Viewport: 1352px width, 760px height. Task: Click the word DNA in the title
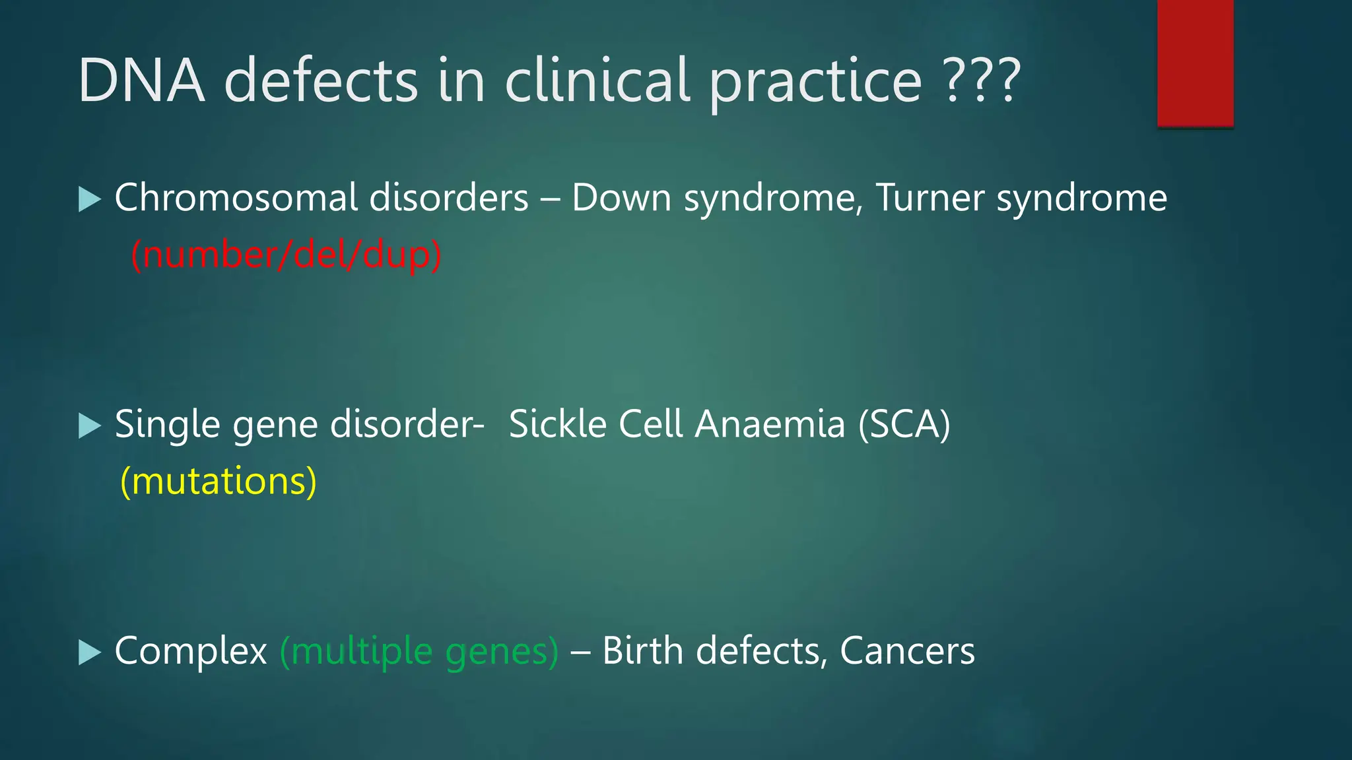(x=141, y=80)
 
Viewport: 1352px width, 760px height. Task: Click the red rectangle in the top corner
(x=1195, y=63)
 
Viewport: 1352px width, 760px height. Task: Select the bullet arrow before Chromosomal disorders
(x=89, y=199)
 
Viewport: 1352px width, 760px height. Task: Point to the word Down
(x=621, y=198)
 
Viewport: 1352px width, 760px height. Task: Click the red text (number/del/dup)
(x=286, y=255)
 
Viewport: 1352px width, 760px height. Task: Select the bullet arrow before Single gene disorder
(x=89, y=426)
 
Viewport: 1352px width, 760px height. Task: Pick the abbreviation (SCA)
(x=904, y=424)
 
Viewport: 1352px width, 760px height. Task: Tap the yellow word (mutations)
(x=219, y=482)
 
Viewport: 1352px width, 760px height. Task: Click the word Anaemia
(x=770, y=424)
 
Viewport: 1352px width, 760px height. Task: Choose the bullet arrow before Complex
(x=89, y=652)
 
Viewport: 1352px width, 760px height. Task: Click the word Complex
(x=191, y=652)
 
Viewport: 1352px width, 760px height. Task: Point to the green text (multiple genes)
(x=419, y=652)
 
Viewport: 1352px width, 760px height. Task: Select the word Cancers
(x=907, y=652)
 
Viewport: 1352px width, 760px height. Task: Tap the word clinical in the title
(x=597, y=80)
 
